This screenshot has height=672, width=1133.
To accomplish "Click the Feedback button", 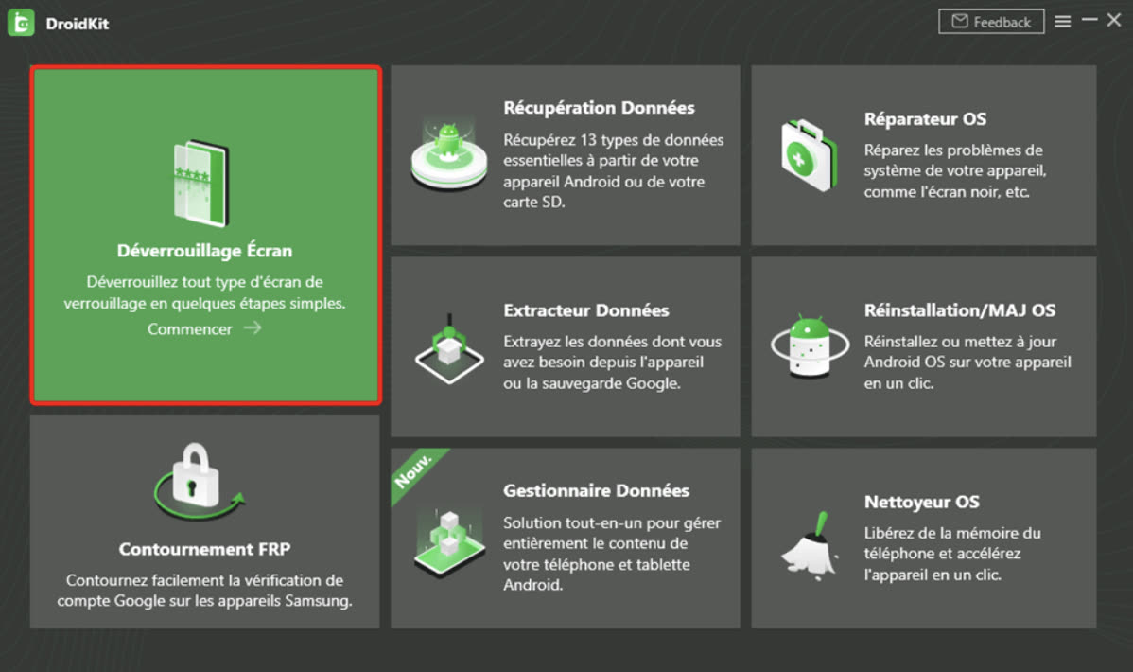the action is pos(990,22).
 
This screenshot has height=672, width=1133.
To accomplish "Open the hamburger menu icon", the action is pos(1062,22).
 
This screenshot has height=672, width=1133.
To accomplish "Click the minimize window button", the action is pos(1089,20).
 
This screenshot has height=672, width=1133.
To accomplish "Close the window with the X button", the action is pos(1114,20).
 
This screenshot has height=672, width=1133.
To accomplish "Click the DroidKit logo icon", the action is pos(21,23).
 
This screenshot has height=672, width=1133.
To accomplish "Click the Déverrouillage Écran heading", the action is pos(204,250).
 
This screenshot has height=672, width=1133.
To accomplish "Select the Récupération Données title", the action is pos(599,108).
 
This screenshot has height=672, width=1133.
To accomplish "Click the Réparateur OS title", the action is pos(925,118).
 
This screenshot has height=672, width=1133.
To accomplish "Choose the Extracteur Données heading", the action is pos(586,310).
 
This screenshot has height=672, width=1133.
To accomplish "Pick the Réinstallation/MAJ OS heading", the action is pos(960,310).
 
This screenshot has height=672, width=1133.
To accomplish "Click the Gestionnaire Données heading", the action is pos(596,490).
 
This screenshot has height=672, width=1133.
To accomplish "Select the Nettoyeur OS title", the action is pos(921,502).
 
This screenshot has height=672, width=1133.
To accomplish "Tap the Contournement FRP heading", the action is pos(204,549).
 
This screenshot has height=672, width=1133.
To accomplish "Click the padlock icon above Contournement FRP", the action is pos(195,475).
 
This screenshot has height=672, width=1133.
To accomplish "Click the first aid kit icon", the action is pos(809,155).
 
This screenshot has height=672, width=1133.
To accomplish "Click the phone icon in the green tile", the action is pos(201,183).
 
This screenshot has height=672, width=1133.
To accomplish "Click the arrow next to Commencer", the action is pos(253,328).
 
